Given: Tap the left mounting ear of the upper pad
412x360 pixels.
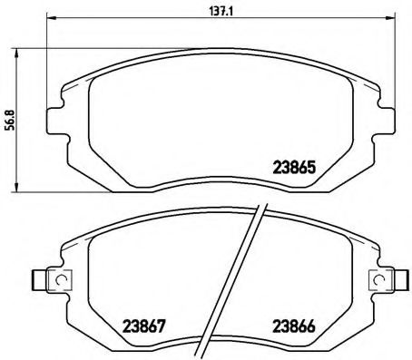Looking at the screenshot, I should tap(55, 120).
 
